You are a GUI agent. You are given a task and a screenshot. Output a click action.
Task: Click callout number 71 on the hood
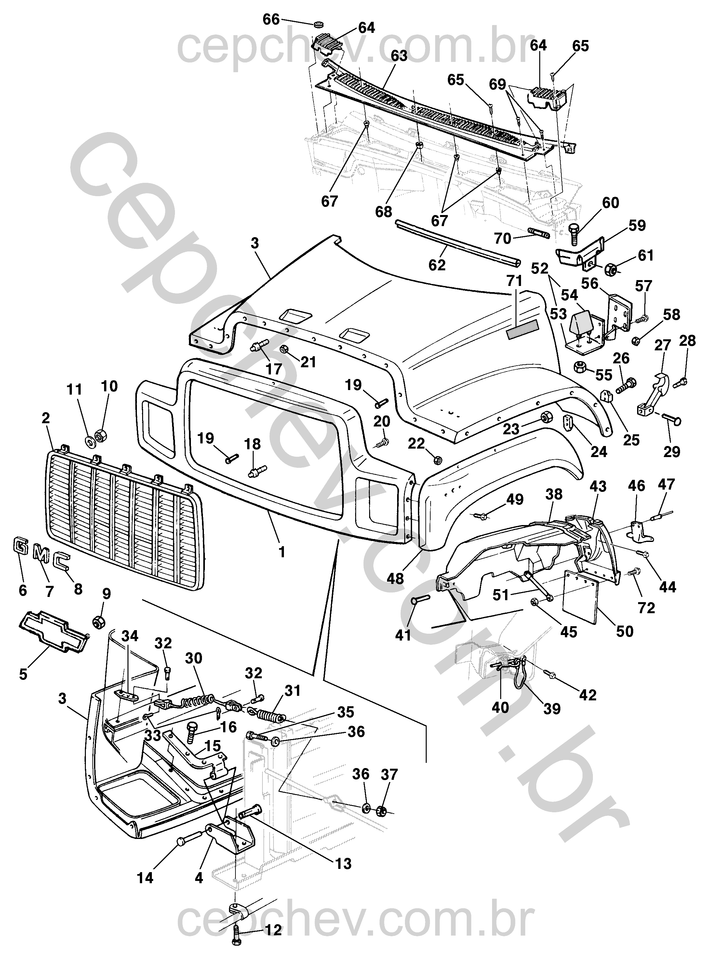[514, 281]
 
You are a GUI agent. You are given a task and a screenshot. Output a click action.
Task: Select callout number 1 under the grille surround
[282, 552]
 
